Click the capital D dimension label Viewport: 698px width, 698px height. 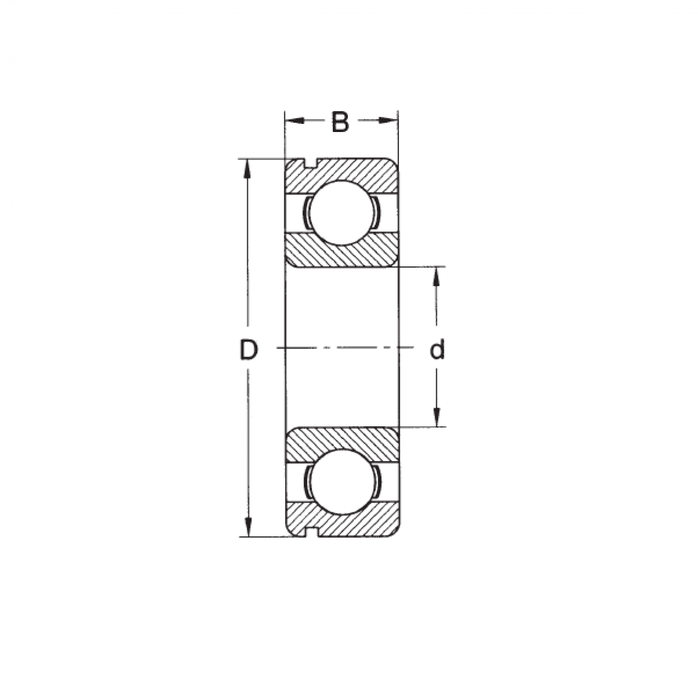248,350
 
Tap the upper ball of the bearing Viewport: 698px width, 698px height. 341,212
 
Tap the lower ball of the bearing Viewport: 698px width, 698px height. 341,482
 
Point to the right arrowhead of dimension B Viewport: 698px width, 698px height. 389,120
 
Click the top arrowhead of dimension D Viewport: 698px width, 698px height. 248,169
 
